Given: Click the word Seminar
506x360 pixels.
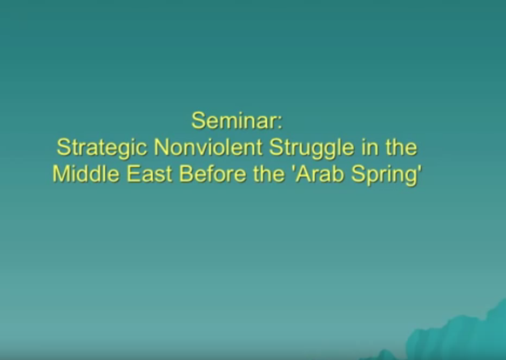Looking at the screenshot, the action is pyautogui.click(x=234, y=120).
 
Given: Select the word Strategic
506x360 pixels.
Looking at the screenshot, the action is pyautogui.click(x=102, y=148).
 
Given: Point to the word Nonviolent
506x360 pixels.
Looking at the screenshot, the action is pyautogui.click(x=208, y=147).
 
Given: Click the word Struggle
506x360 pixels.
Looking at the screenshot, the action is pyautogui.click(x=312, y=148).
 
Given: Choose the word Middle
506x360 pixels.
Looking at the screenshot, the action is pyautogui.click(x=86, y=174).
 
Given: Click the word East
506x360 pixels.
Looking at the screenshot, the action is pyautogui.click(x=150, y=174).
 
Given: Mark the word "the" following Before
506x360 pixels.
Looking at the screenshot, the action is pyautogui.click(x=269, y=174).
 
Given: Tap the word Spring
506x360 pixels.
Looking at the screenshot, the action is pyautogui.click(x=384, y=174).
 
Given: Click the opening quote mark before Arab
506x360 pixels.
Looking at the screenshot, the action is pyautogui.click(x=293, y=168).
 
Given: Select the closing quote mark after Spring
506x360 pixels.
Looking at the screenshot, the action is pyautogui.click(x=420, y=168).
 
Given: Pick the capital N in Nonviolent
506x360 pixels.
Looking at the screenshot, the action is pyautogui.click(x=161, y=147).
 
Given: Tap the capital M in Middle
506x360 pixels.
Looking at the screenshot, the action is pyautogui.click(x=62, y=174).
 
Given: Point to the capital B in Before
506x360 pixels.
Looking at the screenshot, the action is pyautogui.click(x=186, y=174).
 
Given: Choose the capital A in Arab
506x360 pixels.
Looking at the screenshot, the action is pyautogui.click(x=303, y=174).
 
